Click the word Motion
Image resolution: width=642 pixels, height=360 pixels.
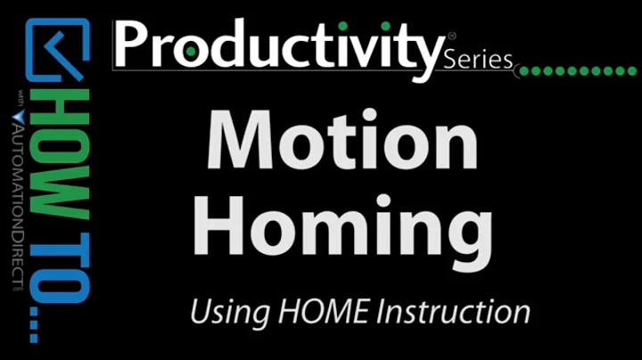tap(342, 140)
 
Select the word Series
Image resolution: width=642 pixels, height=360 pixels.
tap(478, 61)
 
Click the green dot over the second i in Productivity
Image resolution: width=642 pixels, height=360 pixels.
tap(385, 21)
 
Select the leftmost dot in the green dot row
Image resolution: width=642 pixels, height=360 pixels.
tap(524, 70)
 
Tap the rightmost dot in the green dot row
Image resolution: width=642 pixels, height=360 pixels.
tap(634, 70)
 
